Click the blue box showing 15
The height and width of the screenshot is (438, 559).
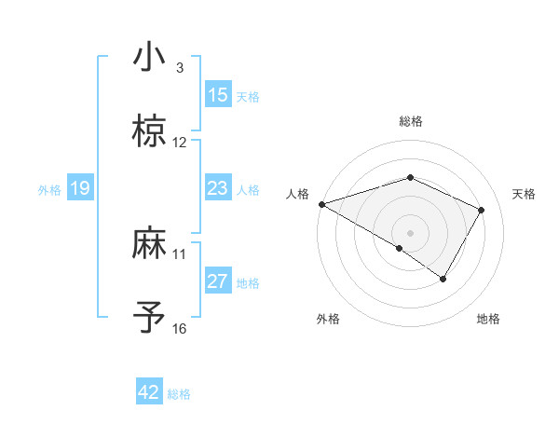pos(218,95)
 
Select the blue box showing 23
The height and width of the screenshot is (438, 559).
pos(218,188)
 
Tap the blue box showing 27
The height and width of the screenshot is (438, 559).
pos(218,281)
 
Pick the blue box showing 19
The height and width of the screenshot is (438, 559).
pos(79,188)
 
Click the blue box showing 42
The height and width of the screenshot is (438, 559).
pos(149,392)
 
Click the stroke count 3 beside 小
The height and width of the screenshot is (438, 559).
pos(180,68)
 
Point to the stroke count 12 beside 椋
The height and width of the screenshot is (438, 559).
pos(180,143)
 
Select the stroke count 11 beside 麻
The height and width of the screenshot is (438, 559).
pos(180,253)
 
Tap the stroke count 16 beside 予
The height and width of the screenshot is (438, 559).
pos(180,329)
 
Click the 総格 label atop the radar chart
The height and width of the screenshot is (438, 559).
pos(411,121)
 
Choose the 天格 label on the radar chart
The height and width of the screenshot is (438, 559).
pos(525,194)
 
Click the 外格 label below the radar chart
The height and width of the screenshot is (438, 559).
pos(328,319)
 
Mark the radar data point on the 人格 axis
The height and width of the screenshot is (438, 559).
pos(321,203)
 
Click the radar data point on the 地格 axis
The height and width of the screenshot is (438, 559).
pos(443,278)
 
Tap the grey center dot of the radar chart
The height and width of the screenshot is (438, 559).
pos(411,232)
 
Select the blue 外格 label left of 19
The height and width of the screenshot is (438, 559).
pos(49,189)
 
